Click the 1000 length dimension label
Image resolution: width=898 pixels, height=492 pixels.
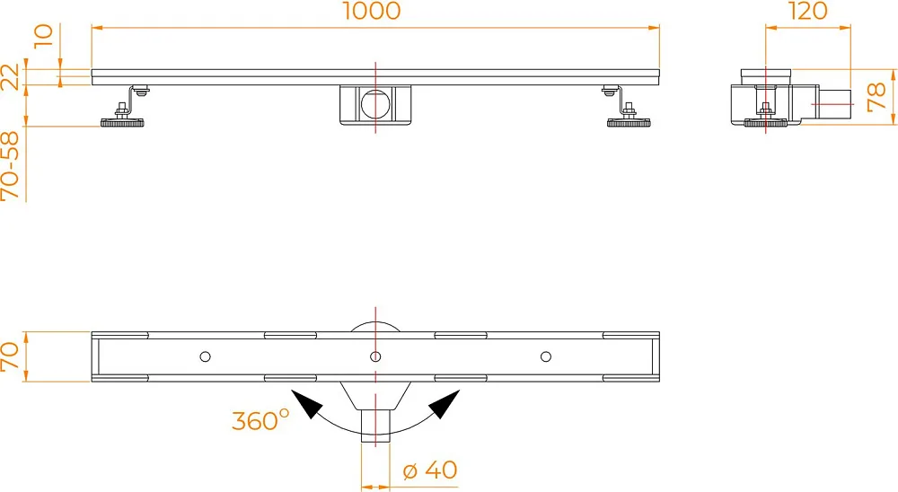372,11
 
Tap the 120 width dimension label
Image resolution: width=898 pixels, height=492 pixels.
807,11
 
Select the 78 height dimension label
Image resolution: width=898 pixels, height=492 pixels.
876,96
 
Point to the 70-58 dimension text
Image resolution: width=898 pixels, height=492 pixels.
10,166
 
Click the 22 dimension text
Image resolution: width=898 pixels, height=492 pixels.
10,76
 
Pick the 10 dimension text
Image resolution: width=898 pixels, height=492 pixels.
44,36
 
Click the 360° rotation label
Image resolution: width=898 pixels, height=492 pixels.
260,420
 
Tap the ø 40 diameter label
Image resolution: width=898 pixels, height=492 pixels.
430,470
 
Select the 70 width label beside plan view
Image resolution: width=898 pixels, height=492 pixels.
10,356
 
